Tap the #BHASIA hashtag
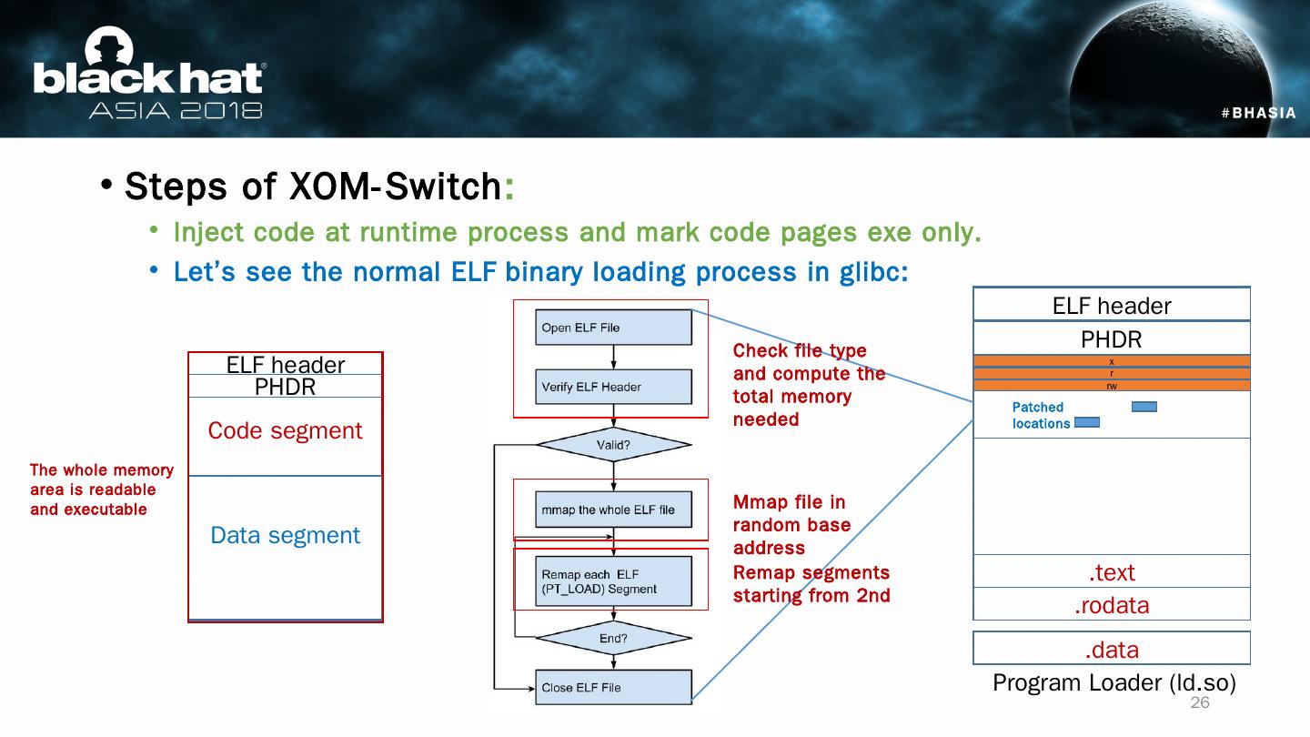(1258, 113)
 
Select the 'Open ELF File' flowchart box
(613, 328)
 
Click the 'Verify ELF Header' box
(613, 387)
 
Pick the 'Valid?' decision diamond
(613, 446)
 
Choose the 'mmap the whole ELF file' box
(613, 510)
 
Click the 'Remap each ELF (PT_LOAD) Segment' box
(613, 581)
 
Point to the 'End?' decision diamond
(613, 639)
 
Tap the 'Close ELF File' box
(613, 687)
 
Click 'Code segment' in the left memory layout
(285, 430)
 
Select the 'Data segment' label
(285, 535)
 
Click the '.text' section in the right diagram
(1112, 572)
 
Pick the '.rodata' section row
(1112, 605)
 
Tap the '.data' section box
(1112, 650)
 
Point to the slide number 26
(1200, 703)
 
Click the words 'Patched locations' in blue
(1040, 415)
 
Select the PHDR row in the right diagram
(1112, 339)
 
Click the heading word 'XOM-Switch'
(394, 187)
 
